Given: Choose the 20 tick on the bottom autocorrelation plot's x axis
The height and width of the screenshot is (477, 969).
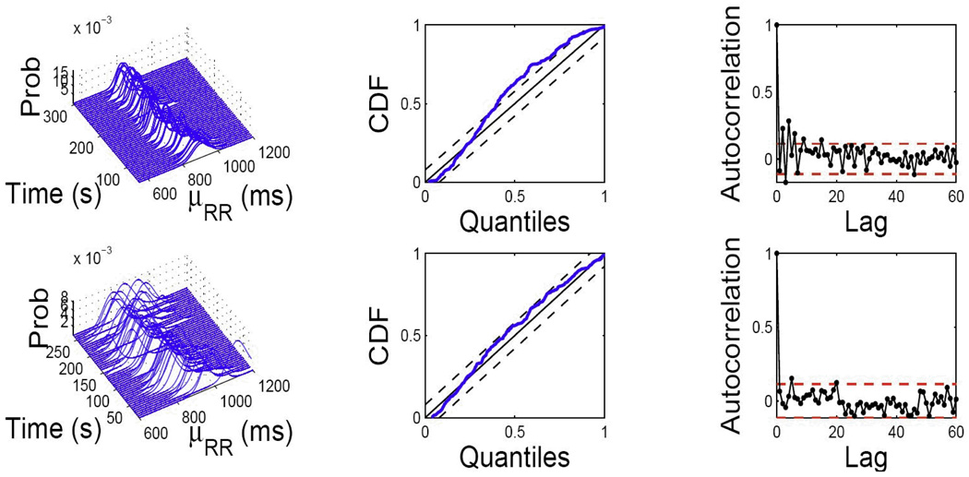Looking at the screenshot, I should point(836,433).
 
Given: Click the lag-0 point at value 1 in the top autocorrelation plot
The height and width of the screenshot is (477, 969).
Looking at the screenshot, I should point(777,25).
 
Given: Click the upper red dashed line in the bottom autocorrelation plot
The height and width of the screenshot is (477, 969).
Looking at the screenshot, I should point(867,383).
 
